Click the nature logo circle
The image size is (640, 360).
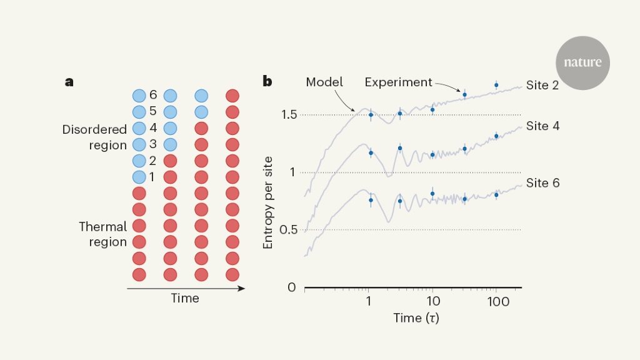pyautogui.click(x=582, y=62)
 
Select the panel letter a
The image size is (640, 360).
pyautogui.click(x=69, y=82)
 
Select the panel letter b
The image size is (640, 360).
pyautogui.click(x=267, y=81)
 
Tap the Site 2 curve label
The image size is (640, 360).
pyautogui.click(x=542, y=86)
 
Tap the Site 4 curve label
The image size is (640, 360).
pyautogui.click(x=542, y=126)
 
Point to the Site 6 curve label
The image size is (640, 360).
pyautogui.click(x=542, y=183)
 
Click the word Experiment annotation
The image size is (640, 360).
pyautogui.click(x=398, y=82)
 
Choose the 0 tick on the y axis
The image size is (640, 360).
pyautogui.click(x=291, y=287)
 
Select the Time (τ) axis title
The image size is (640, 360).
pyautogui.click(x=416, y=318)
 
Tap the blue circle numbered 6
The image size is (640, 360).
pyautogui.click(x=139, y=96)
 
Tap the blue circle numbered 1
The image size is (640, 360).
pyautogui.click(x=139, y=177)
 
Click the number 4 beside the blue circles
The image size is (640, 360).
pyautogui.click(x=152, y=128)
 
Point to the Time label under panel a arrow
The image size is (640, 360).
pyautogui.click(x=185, y=298)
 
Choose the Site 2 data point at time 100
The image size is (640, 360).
pyautogui.click(x=496, y=85)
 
